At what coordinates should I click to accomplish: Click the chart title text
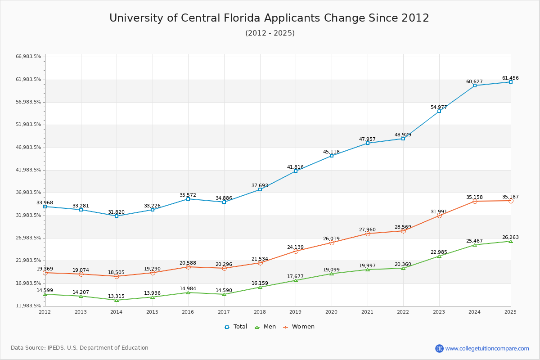269,18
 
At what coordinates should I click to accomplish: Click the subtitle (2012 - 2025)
270,33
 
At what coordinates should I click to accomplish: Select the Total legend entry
236,327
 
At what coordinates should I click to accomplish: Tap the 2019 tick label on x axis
296,312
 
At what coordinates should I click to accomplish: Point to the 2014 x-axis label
117,312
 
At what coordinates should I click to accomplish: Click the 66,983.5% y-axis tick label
28,57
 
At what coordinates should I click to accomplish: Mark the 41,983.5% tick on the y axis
28,170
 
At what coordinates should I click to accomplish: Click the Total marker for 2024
475,85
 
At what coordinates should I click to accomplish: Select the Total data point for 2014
117,216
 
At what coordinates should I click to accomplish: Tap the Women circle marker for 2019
296,251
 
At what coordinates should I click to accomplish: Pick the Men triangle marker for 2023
439,256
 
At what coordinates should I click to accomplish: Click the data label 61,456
510,78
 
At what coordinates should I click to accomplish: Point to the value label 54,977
439,107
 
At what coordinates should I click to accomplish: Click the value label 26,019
331,238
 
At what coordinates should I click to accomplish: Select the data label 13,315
117,296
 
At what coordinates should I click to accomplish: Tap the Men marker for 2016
188,292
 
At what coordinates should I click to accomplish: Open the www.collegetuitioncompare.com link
487,348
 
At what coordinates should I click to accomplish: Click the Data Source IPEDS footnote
80,348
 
